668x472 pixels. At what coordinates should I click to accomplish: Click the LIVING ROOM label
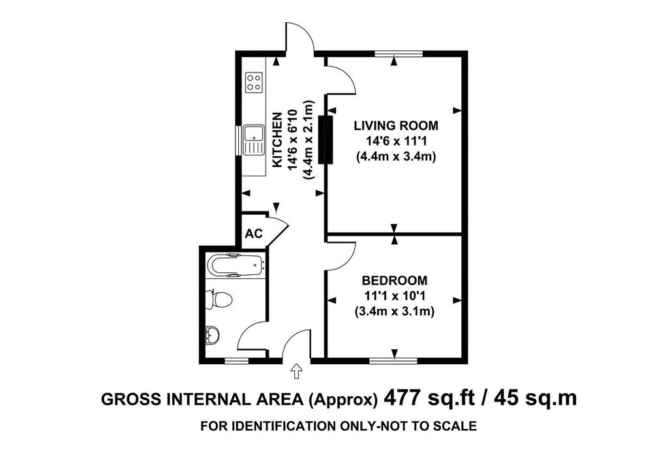(396, 126)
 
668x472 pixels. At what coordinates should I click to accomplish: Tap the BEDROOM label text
(395, 281)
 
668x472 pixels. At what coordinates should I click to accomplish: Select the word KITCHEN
(277, 140)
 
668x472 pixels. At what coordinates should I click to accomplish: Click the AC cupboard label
(254, 234)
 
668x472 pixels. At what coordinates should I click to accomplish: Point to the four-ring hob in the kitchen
(254, 82)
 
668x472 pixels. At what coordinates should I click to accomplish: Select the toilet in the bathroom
(219, 298)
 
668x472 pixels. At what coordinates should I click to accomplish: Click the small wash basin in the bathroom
(212, 335)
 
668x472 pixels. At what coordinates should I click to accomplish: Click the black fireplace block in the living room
(327, 140)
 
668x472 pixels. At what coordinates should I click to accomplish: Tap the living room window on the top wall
(399, 54)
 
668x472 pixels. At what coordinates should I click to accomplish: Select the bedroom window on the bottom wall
(393, 361)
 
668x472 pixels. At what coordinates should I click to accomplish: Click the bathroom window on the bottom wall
(236, 361)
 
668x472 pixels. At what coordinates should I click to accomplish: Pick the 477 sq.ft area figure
(429, 398)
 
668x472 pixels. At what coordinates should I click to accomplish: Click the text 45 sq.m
(535, 398)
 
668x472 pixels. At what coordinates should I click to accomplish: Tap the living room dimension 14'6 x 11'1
(396, 141)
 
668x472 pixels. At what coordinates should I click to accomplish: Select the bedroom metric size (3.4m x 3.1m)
(395, 311)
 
